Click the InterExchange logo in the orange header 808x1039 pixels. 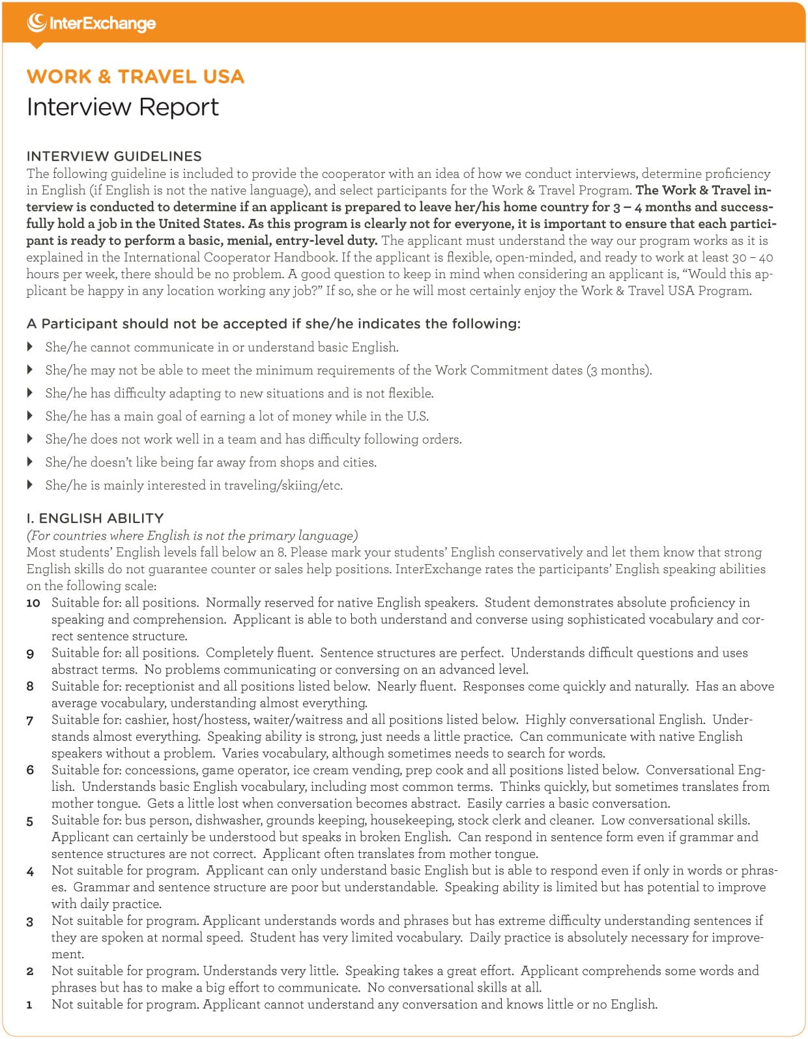pos(91,23)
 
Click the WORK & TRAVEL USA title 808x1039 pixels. pos(136,77)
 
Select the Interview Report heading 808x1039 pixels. pos(123,107)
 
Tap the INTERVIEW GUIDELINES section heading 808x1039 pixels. pos(114,156)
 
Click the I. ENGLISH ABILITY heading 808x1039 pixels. pos(95,519)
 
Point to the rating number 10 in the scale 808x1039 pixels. pos(33,603)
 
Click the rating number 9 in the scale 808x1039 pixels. pos(30,653)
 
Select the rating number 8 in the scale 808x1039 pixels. pos(30,687)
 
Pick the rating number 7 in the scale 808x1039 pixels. pos(30,720)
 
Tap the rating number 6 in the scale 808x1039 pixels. pos(30,771)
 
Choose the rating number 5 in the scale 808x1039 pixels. pos(30,821)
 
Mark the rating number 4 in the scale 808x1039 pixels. pos(30,872)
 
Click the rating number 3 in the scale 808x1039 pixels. pos(30,922)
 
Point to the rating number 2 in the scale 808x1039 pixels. pos(30,972)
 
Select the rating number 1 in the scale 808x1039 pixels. pos(29,1005)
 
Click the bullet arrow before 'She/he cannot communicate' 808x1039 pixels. pos(30,347)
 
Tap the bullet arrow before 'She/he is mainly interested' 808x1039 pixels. pos(30,485)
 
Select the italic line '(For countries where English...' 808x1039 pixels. pos(192,535)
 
